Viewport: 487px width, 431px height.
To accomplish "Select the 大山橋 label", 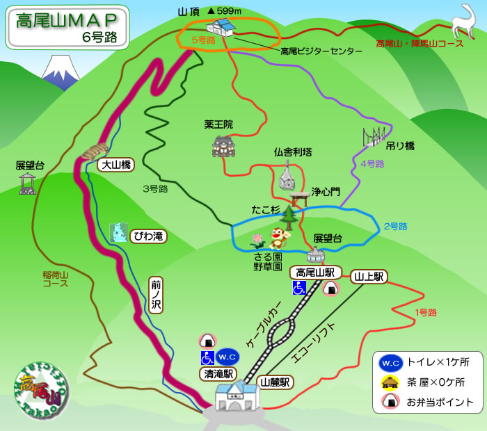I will coord(115,165).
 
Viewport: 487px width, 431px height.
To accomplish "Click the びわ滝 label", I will coord(148,236).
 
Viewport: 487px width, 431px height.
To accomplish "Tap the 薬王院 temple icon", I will coord(223,146).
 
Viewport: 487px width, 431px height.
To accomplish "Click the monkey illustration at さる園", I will coord(280,238).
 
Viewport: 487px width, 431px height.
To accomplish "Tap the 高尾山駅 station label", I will coord(316,272).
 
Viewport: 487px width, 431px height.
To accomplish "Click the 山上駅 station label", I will coord(369,276).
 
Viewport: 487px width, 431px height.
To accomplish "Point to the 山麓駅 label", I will coord(275,382).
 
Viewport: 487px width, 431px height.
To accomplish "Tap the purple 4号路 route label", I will coord(372,164).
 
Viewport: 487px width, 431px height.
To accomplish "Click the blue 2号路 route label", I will coord(394,227).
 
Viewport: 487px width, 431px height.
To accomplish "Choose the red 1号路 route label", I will coord(425,313).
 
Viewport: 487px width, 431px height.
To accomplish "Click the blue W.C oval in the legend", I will coord(390,363).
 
